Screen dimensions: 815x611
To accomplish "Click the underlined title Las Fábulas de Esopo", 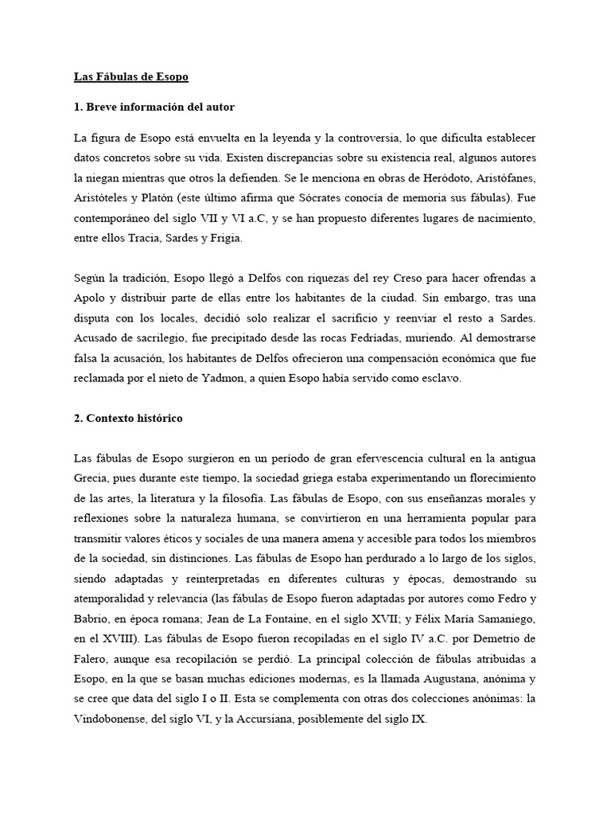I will [130, 77].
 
